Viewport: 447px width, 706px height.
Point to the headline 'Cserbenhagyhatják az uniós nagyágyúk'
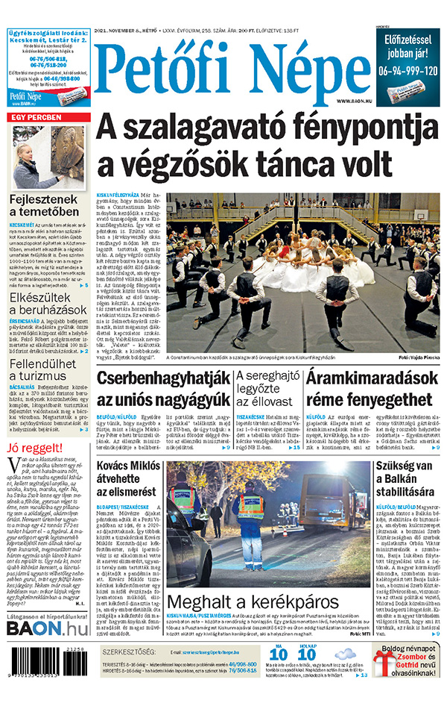162,388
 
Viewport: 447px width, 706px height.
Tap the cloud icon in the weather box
344,656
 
